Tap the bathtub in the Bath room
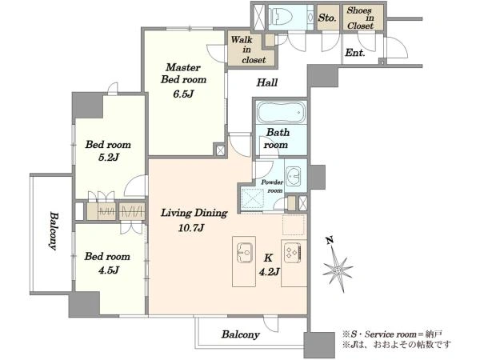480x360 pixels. point(281,112)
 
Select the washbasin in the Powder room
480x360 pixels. point(294,177)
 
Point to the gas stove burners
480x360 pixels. point(292,253)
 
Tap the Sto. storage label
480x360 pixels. point(327,18)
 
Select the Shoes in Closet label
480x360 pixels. point(360,18)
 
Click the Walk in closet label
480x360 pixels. point(248,50)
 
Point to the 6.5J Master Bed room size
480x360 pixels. point(183,94)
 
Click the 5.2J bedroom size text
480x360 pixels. point(108,158)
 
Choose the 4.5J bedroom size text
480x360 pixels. point(108,270)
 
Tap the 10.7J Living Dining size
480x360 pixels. point(191,228)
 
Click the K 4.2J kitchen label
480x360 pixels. point(269,265)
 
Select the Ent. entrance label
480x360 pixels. point(355,53)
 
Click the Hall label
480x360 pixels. point(267,82)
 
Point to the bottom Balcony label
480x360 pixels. point(241,334)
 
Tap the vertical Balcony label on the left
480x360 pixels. point(54,231)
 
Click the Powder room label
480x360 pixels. point(272,186)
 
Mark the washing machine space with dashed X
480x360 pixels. point(252,198)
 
